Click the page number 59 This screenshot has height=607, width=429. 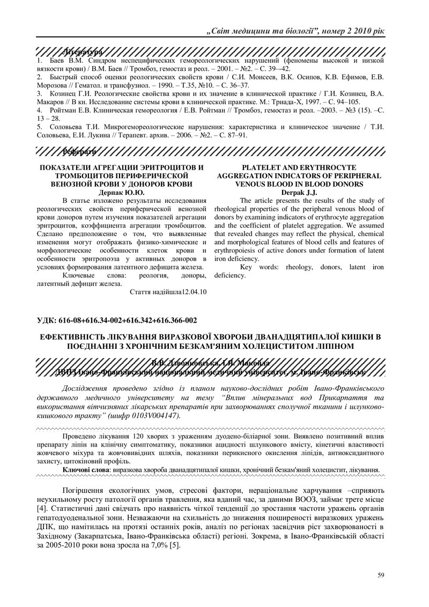[380, 576]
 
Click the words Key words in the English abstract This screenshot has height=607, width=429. [256, 267]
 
